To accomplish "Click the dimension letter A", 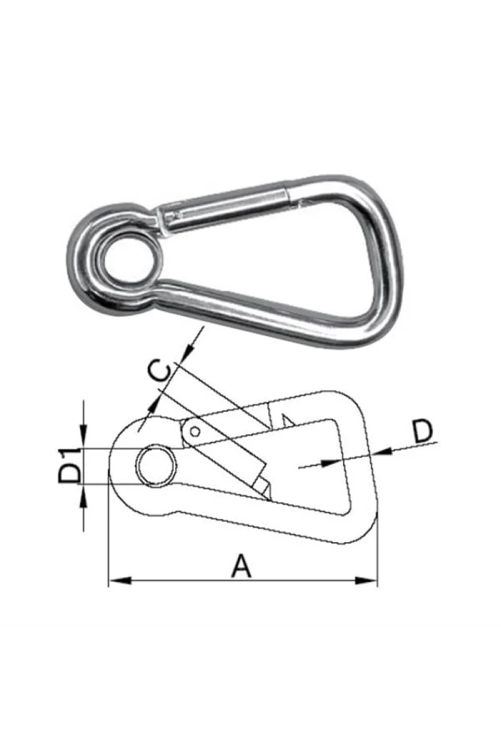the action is click(242, 566).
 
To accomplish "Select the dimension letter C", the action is click(160, 370).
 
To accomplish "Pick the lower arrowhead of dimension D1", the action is click(83, 495).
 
